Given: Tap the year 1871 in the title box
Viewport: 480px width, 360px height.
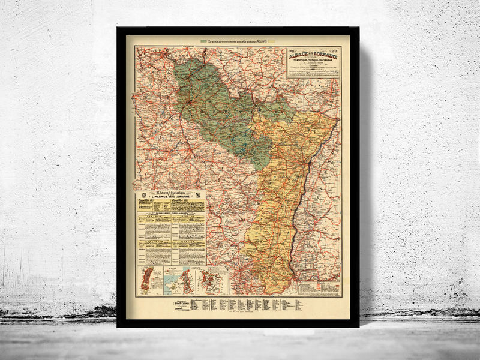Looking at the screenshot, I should (x=291, y=49).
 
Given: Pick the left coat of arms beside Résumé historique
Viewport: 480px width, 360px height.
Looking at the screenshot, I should (x=143, y=197).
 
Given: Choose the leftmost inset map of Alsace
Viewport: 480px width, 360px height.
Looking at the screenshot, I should (x=145, y=281).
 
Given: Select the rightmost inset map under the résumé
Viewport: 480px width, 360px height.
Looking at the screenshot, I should (x=213, y=281).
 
